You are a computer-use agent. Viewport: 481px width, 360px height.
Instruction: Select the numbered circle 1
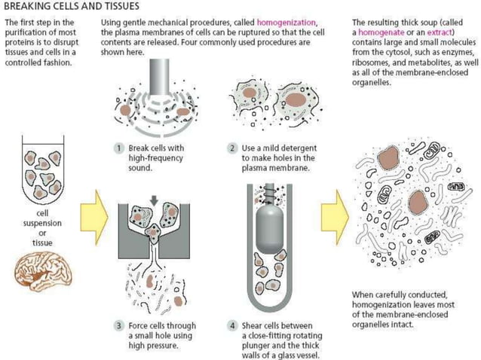(119, 147)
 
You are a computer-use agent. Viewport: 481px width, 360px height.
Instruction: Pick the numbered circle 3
(119, 325)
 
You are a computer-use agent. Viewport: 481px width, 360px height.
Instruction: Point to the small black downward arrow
(155, 200)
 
